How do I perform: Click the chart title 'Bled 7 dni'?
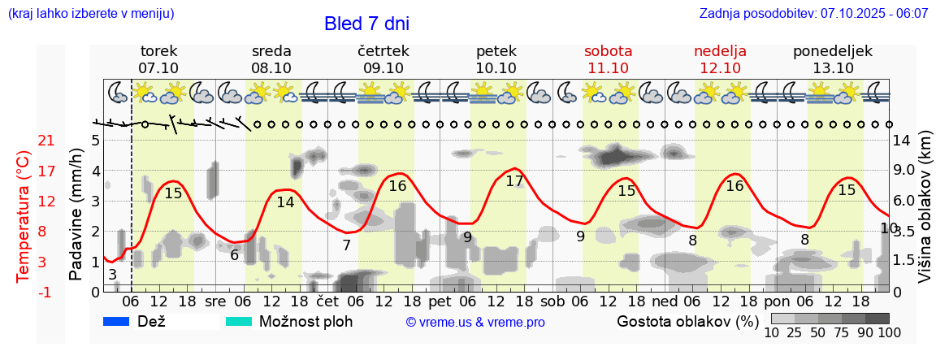pyautogui.click(x=366, y=24)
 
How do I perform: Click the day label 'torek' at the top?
pyautogui.click(x=158, y=51)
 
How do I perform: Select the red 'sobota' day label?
pyautogui.click(x=608, y=51)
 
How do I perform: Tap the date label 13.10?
pyautogui.click(x=833, y=68)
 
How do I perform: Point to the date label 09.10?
pyautogui.click(x=383, y=68)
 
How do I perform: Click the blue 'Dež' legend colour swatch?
pyautogui.click(x=117, y=322)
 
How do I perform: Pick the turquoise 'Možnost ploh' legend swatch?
pyautogui.click(x=238, y=322)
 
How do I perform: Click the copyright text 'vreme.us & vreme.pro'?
pyautogui.click(x=475, y=323)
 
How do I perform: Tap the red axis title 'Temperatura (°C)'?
pyautogui.click(x=24, y=215)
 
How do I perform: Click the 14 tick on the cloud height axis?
pyautogui.click(x=902, y=141)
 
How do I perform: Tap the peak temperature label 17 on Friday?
pyautogui.click(x=514, y=181)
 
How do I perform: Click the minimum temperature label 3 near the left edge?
pyautogui.click(x=112, y=274)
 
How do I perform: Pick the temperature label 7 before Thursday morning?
pyautogui.click(x=346, y=245)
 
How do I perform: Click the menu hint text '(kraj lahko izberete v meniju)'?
pyautogui.click(x=91, y=14)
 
